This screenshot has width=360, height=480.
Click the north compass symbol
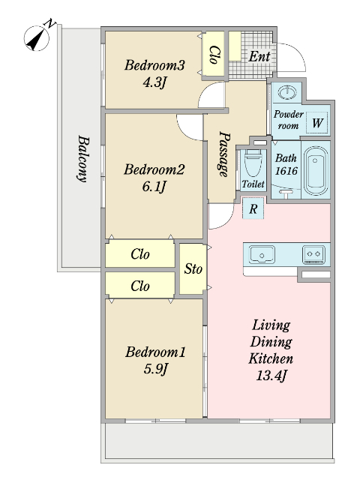click(x=37, y=38)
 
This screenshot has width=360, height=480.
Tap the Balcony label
click(x=82, y=158)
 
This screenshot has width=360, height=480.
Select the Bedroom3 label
click(x=154, y=65)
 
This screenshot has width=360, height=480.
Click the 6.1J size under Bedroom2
click(x=154, y=186)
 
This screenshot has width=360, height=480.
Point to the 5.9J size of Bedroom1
click(x=155, y=368)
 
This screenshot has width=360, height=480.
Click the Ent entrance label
click(x=259, y=56)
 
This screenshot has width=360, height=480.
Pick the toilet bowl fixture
click(x=253, y=163)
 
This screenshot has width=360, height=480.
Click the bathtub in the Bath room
click(x=316, y=170)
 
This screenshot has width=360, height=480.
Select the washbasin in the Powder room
click(x=286, y=91)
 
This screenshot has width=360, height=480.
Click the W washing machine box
click(x=317, y=122)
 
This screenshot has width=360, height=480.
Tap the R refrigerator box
click(x=253, y=208)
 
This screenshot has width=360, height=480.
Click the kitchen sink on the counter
click(x=262, y=254)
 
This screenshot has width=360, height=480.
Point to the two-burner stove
click(x=313, y=253)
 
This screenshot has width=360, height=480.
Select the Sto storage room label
click(x=193, y=268)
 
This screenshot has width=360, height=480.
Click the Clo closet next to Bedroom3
click(x=214, y=55)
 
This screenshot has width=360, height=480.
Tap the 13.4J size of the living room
click(x=271, y=375)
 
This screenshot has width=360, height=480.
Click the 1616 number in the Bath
click(x=286, y=170)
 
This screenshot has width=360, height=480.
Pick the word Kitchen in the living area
click(x=271, y=358)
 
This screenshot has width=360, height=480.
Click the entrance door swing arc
click(x=297, y=52)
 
